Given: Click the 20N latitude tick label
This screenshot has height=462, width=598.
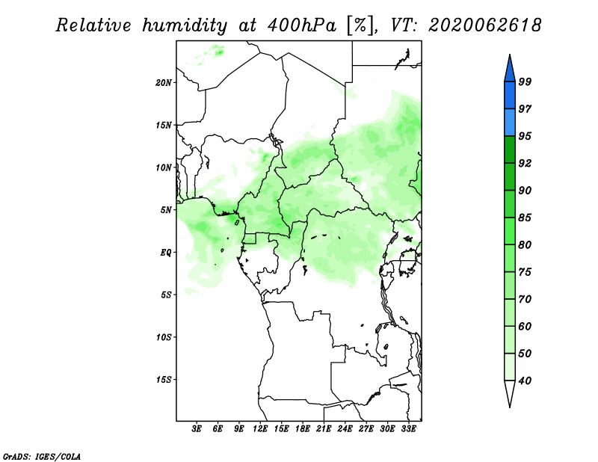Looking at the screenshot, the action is (x=164, y=83).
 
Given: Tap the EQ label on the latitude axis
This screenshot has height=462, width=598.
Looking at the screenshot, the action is (x=166, y=253).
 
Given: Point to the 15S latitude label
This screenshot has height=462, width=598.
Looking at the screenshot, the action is (x=164, y=380).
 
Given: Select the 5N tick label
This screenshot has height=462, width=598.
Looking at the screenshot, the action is (x=166, y=210).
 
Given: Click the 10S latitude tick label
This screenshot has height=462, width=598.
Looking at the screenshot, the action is (x=164, y=337).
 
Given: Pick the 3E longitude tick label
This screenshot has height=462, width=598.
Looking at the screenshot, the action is (x=197, y=429).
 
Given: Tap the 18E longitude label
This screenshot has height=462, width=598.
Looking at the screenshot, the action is (x=303, y=429).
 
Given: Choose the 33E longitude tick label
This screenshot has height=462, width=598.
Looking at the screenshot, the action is (x=408, y=429).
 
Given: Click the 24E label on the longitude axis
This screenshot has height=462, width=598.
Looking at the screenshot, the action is (x=345, y=429).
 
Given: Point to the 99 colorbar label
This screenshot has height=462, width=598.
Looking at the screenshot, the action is (x=525, y=81).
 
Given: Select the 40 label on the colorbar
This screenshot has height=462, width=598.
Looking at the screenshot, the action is (x=525, y=381).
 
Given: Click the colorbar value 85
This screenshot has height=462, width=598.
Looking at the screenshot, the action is (x=525, y=218).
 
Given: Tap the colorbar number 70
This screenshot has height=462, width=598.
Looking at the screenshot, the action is (x=525, y=299).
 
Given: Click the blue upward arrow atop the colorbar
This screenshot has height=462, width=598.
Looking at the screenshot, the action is (x=510, y=70).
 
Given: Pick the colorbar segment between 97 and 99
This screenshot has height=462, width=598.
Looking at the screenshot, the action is (x=510, y=96).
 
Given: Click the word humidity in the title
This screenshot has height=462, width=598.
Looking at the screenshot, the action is (x=185, y=25).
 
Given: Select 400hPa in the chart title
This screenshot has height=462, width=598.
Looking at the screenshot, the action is (x=301, y=25).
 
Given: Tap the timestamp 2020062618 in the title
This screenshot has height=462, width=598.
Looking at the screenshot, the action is (x=484, y=25).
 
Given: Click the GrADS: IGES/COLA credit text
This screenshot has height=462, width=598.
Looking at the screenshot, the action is (x=42, y=456).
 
